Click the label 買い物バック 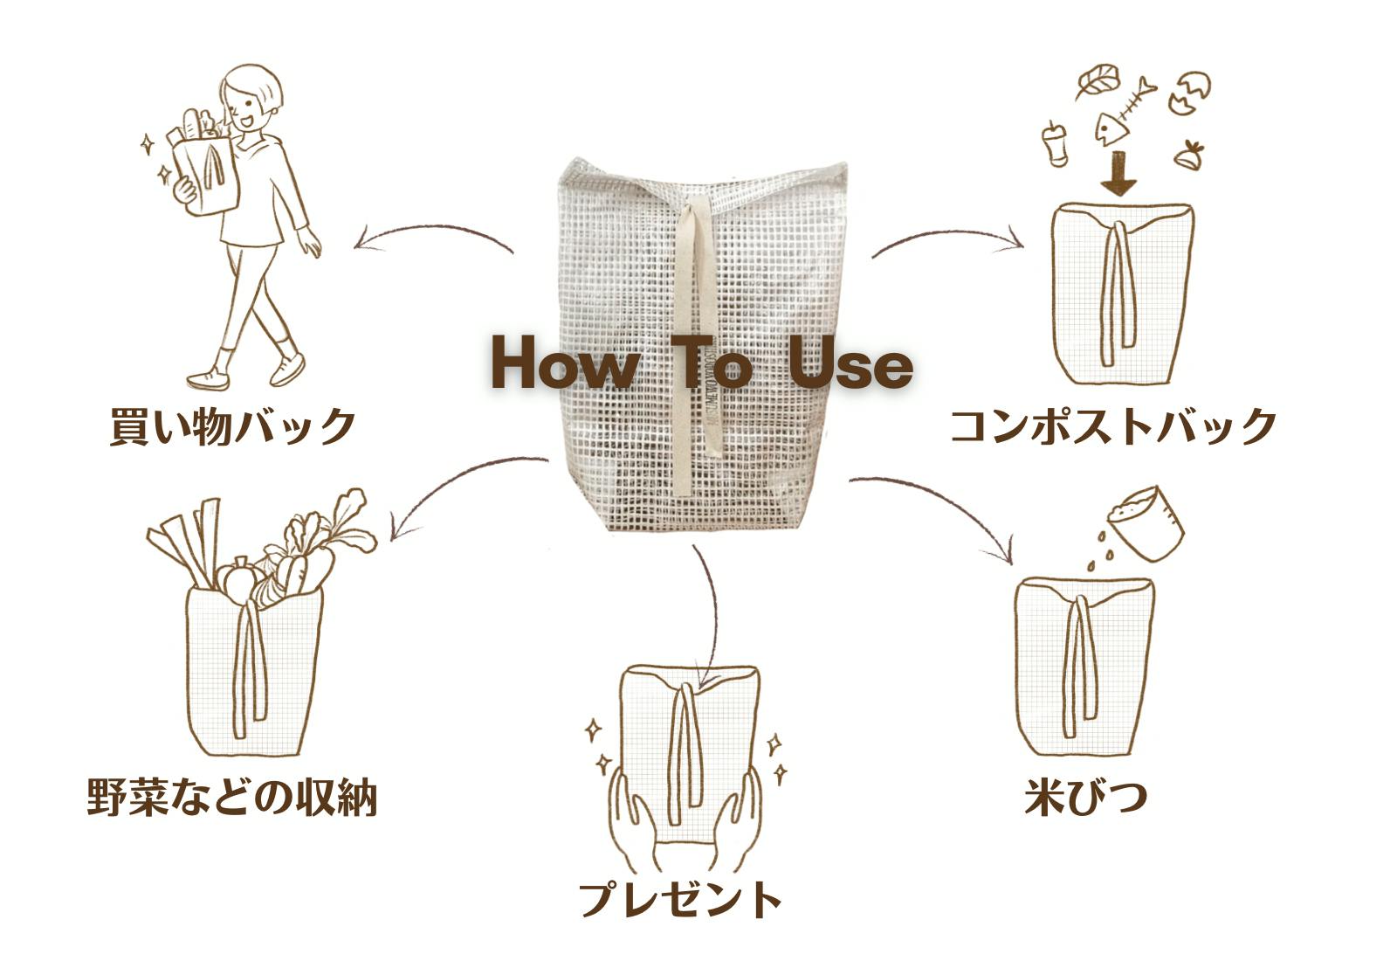click(x=233, y=425)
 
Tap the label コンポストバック click(x=1112, y=425)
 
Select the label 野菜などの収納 click(x=231, y=796)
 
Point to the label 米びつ click(x=1085, y=796)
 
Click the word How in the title click(x=562, y=364)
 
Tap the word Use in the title click(x=850, y=364)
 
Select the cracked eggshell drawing click(x=1189, y=93)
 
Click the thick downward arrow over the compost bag click(x=1118, y=173)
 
